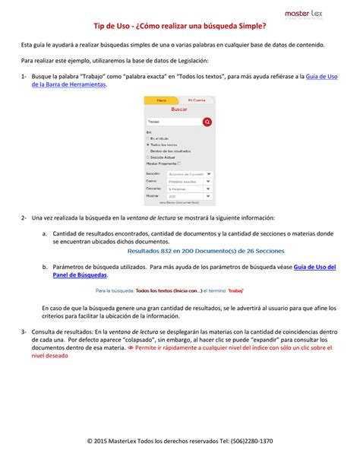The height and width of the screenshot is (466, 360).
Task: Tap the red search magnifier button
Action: tap(207, 122)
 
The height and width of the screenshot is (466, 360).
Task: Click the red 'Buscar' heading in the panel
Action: tap(179, 109)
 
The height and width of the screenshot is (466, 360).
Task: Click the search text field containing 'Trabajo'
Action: tap(173, 122)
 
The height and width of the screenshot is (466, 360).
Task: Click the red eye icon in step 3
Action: tap(236, 347)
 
